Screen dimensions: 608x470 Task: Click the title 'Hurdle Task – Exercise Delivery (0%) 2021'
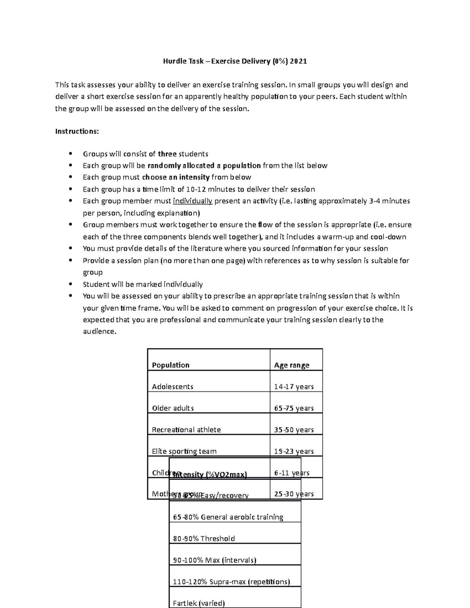pos(235,61)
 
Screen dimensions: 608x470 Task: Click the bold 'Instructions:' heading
pos(77,131)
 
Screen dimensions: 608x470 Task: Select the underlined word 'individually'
pos(192,201)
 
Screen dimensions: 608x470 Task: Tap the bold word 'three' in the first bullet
pos(167,154)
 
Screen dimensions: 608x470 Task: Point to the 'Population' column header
pos(171,365)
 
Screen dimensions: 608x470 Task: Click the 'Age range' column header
pos(292,365)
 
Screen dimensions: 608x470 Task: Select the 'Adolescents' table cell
pos(173,386)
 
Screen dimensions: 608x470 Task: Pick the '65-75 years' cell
pos(294,408)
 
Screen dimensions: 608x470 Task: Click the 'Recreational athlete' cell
pos(186,429)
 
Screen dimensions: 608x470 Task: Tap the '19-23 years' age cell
pos(294,451)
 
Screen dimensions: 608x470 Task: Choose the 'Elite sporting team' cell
pos(184,451)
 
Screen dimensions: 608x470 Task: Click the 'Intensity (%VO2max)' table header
pos(210,474)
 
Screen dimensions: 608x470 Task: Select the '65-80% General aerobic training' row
pos(228,517)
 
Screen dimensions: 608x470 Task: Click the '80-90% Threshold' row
pos(204,538)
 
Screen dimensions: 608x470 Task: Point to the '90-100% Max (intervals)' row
pos(214,560)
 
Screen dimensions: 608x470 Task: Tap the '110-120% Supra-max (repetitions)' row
pos(231,581)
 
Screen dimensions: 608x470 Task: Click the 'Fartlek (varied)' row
pos(199,603)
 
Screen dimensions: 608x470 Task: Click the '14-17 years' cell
pos(294,386)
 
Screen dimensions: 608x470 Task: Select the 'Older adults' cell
pos(173,408)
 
